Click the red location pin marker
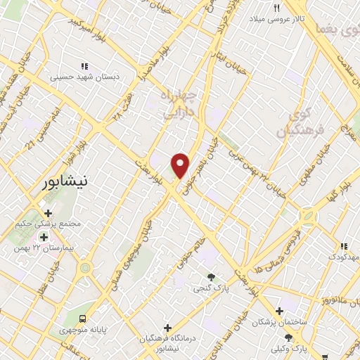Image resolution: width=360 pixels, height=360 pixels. (181, 165)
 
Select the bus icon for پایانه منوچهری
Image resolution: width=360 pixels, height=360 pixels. (83, 318)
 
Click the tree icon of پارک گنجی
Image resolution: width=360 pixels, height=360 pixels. (212, 276)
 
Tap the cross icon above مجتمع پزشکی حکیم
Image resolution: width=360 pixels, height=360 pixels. (48, 212)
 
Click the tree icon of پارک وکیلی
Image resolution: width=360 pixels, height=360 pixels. (288, 338)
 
